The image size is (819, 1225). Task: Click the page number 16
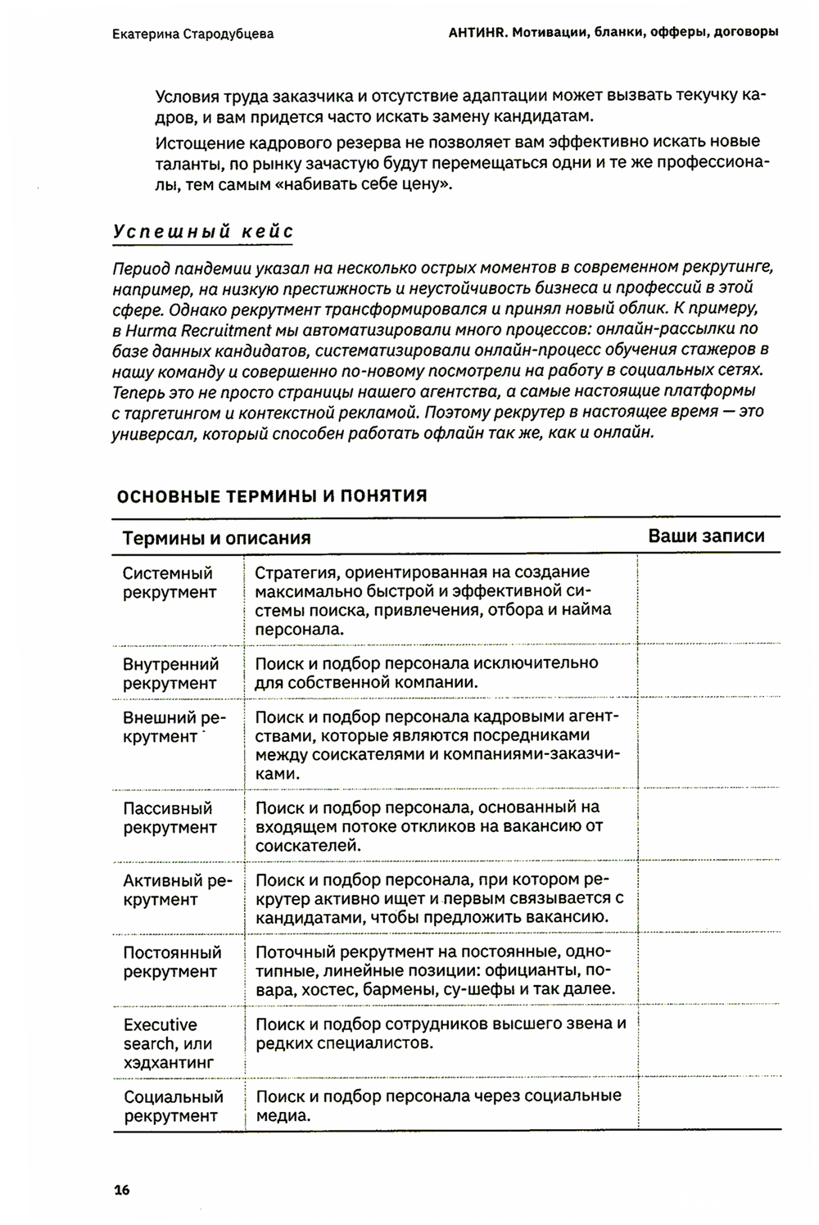122,1190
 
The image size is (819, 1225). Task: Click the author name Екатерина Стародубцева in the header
192,34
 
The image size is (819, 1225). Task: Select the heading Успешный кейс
203,232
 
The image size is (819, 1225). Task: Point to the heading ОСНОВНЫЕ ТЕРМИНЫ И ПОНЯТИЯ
272,495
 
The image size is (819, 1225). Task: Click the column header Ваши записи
706,536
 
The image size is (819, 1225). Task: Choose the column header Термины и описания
216,538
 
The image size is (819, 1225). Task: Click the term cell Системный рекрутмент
170,582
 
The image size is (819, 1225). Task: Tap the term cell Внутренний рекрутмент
170,673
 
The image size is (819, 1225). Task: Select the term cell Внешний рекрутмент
174,727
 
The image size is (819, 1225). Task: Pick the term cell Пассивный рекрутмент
170,818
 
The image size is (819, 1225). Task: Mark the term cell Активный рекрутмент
177,890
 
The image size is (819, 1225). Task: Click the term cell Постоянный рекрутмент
172,962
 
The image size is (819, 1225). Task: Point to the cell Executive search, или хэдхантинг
168,1043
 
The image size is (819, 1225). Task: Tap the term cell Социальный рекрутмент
173,1106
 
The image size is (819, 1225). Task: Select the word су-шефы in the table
473,989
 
